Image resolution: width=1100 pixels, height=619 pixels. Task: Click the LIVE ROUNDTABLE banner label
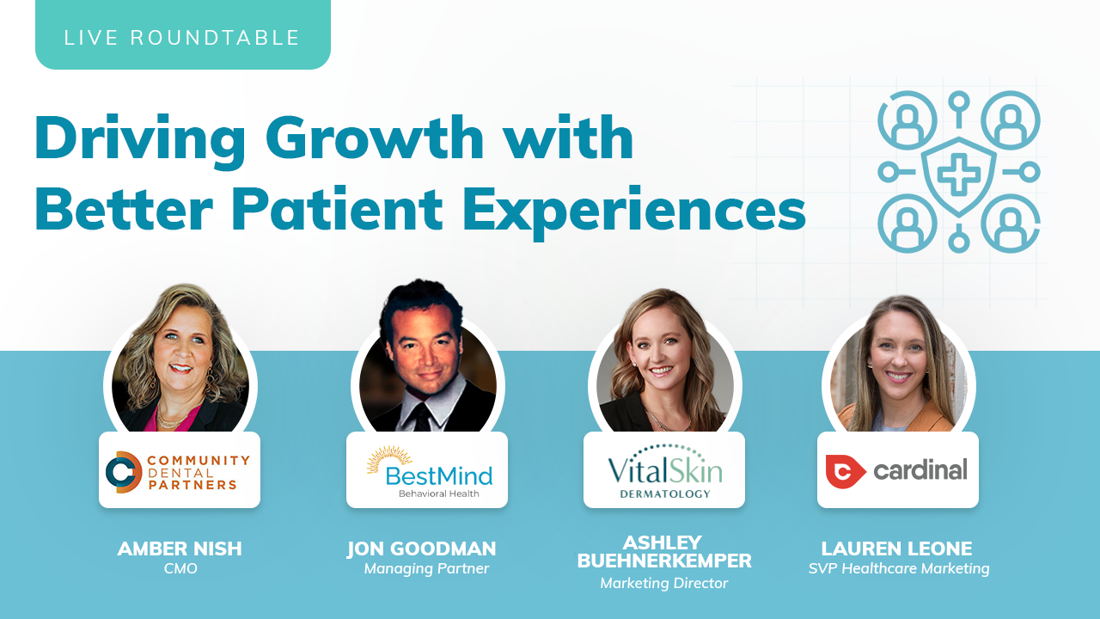[181, 38]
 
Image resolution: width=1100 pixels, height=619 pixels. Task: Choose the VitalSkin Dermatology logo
[665, 471]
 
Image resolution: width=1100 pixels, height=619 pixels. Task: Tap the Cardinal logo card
[898, 470]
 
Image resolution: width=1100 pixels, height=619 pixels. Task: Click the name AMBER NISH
[180, 549]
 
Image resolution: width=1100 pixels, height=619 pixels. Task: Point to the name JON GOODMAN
[422, 549]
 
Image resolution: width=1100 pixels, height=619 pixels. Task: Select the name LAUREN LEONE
[896, 549]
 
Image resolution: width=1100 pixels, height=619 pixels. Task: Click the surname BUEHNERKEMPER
[664, 561]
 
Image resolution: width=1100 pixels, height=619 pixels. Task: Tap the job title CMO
[180, 568]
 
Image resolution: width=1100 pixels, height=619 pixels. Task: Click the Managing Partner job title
[426, 569]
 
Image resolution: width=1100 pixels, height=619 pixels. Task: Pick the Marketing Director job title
[664, 583]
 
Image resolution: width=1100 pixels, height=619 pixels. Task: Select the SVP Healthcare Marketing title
[899, 569]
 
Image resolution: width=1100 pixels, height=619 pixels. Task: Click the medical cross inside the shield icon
[958, 174]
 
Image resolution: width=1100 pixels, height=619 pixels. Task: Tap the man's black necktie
[420, 417]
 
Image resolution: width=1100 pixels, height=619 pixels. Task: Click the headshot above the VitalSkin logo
[664, 360]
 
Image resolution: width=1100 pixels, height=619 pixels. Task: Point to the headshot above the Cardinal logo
[898, 364]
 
